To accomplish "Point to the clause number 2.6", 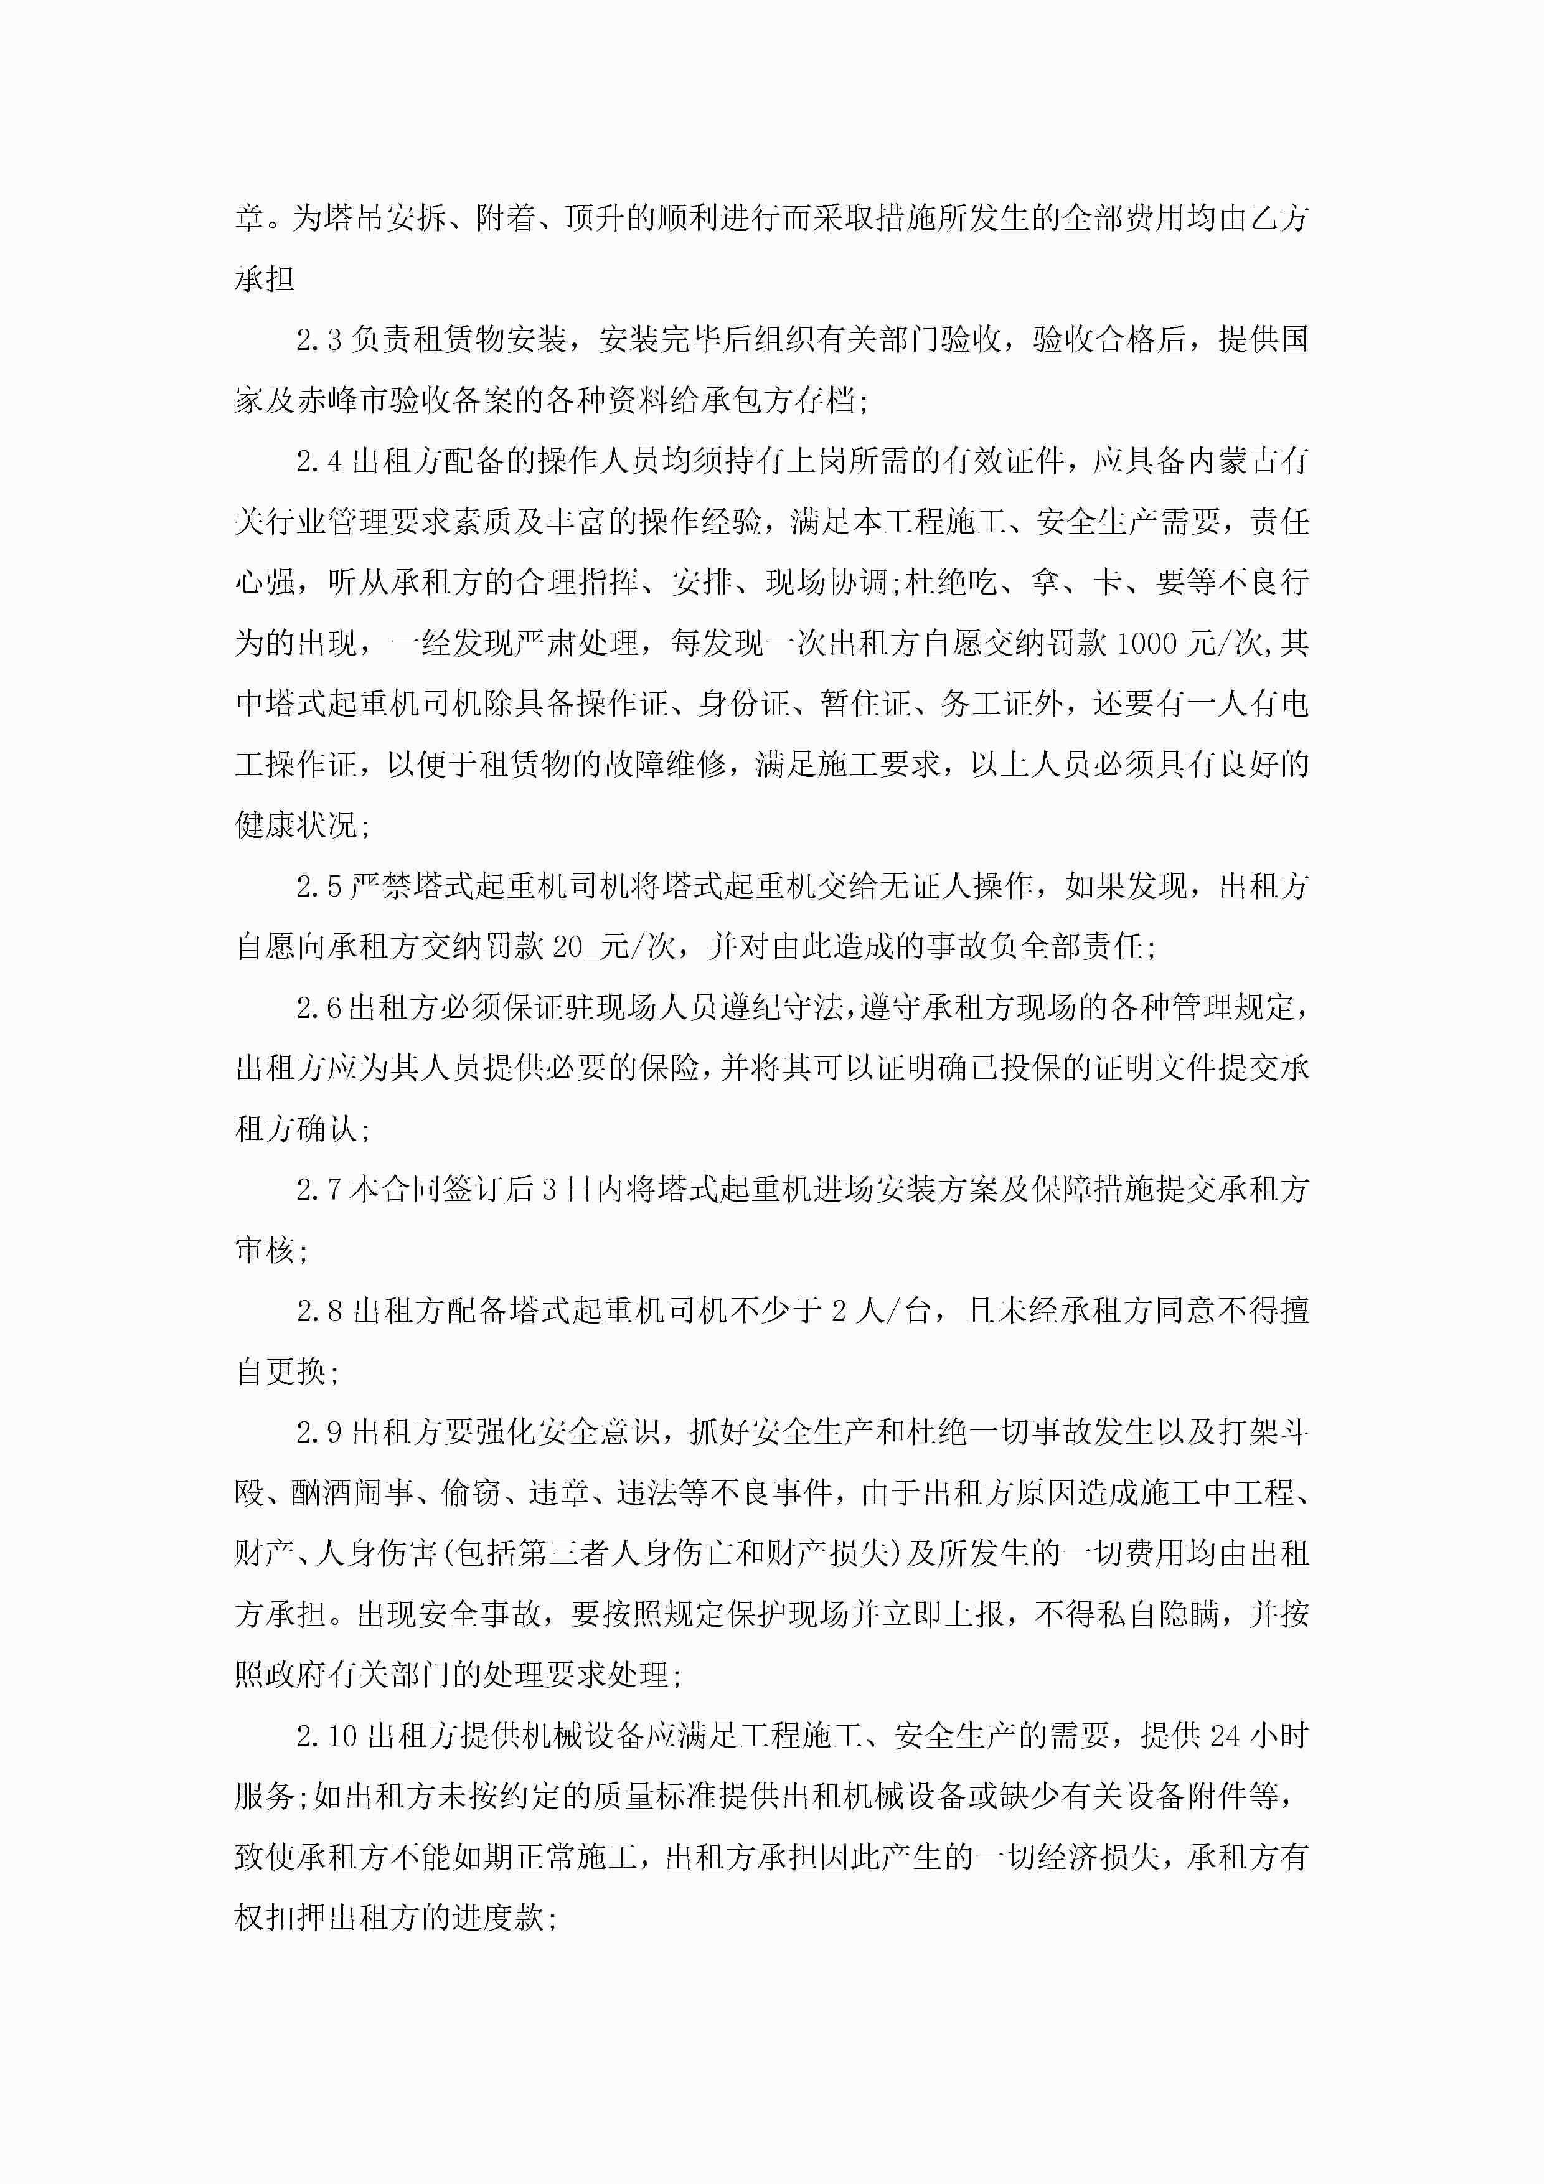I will [x=319, y=1009].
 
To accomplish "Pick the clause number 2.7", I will [x=319, y=1190].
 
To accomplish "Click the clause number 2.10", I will [x=326, y=1737].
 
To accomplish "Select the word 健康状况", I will [x=295, y=826].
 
